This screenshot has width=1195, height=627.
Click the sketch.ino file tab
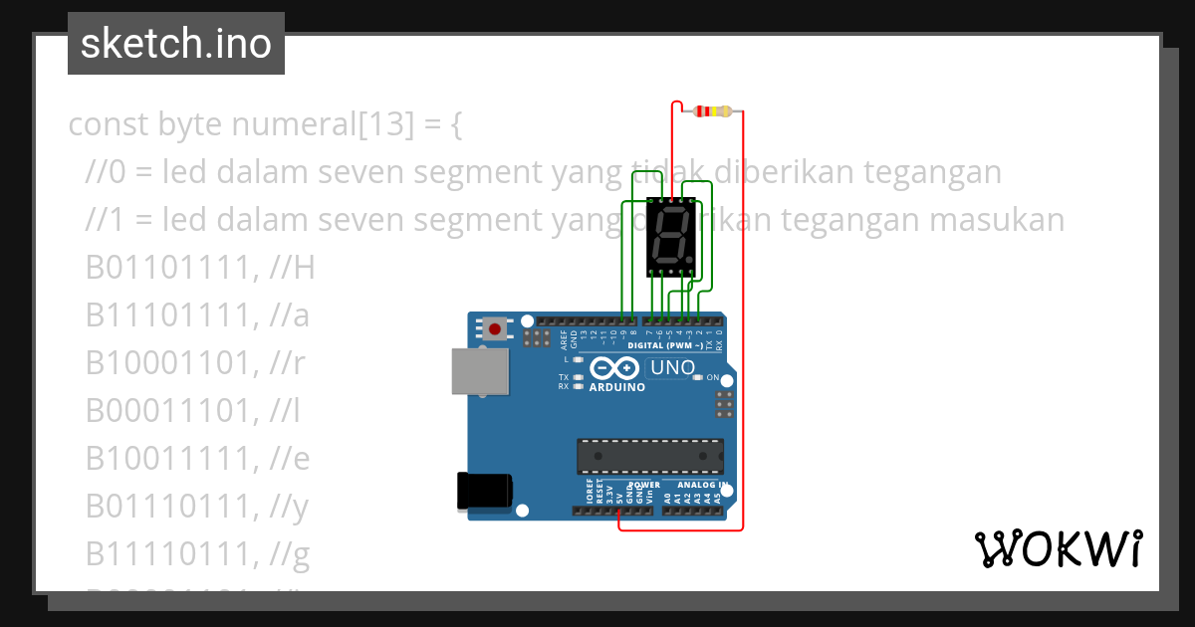click(x=176, y=44)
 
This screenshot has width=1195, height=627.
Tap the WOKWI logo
click(x=1058, y=548)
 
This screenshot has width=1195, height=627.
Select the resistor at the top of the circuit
click(x=713, y=110)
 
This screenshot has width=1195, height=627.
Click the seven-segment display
click(x=671, y=236)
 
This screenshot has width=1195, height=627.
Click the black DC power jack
click(x=484, y=492)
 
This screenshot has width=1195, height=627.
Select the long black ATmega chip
click(x=649, y=455)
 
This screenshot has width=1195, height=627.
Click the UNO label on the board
click(x=672, y=368)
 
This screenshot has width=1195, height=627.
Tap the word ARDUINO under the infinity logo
click(x=617, y=387)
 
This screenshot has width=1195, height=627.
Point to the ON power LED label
click(x=712, y=378)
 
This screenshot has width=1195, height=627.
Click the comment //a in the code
click(x=290, y=315)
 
